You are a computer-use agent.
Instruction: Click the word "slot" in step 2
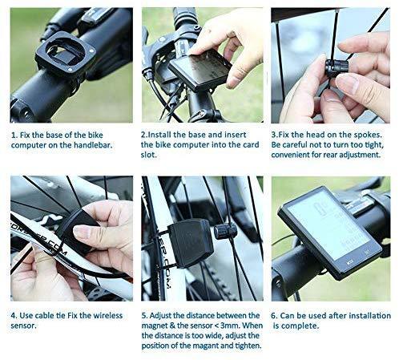[148, 155]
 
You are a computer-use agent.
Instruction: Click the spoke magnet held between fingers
[336, 67]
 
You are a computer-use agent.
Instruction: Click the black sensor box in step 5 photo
[191, 243]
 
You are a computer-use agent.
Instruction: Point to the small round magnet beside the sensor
[226, 230]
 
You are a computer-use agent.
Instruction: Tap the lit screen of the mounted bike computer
[328, 224]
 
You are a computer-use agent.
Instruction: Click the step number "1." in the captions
[14, 136]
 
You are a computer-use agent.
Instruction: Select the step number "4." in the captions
[14, 316]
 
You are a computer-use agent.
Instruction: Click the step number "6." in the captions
[274, 316]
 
